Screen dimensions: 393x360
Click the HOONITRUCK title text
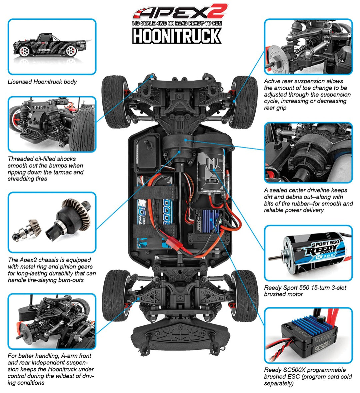click(x=177, y=36)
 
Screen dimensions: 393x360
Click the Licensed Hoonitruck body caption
click(x=42, y=82)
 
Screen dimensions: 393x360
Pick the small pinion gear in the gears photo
click(x=34, y=226)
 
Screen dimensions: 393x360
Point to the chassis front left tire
click(x=114, y=296)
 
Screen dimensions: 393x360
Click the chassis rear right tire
click(x=245, y=102)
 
